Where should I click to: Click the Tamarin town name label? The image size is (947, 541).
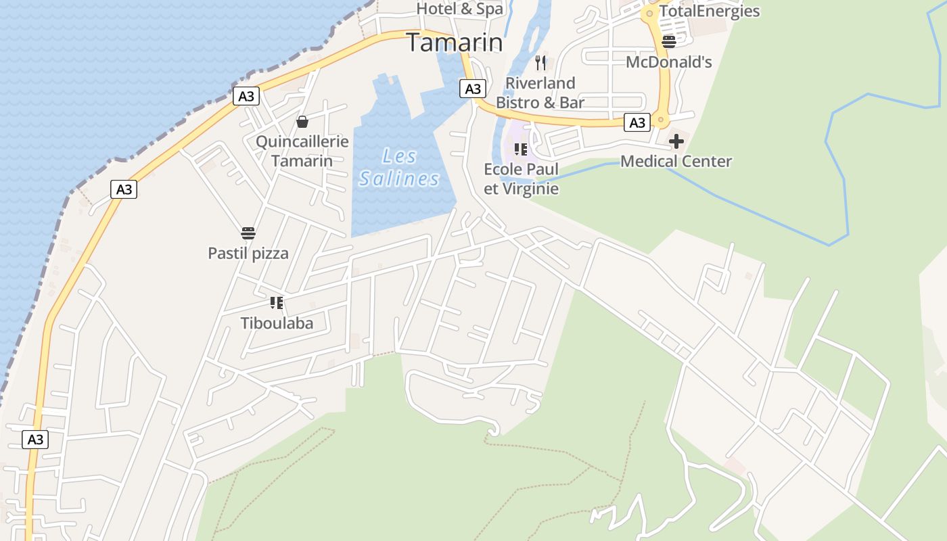455,43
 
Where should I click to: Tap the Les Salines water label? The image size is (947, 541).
399,168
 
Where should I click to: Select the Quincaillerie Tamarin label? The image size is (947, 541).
302,151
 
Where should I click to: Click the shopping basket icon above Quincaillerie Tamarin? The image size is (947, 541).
302,122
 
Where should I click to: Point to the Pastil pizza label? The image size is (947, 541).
248,254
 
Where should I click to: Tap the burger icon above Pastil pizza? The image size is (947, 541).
248,234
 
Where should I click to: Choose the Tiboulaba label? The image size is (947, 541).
277,323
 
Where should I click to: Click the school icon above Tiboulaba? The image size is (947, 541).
276,302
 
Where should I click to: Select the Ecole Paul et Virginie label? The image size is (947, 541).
522,179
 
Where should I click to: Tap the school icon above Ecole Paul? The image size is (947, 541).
520,149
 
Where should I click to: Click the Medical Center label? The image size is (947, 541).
676,161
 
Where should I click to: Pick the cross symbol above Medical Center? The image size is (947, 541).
676,141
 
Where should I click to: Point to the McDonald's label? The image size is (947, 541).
669,62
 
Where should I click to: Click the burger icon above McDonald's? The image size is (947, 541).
669,42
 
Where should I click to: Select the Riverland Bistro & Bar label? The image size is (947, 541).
540,93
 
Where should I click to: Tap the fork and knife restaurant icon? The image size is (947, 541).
540,63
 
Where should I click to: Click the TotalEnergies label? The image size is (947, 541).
710,11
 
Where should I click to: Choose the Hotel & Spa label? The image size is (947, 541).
460,9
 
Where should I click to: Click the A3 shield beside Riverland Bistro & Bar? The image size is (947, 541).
473,89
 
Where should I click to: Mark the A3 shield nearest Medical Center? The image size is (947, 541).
637,122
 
